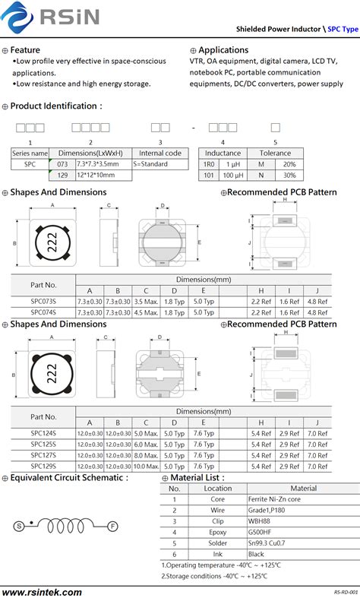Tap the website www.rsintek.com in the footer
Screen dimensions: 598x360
42,591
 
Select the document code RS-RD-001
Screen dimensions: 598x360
346,591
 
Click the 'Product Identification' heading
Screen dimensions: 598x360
55,106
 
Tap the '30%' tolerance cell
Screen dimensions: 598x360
289,175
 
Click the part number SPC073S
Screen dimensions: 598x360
43,302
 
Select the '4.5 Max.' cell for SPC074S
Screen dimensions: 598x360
145,312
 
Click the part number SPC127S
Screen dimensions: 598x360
43,455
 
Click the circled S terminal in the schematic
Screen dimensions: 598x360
17,526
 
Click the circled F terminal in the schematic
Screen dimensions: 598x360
112,526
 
